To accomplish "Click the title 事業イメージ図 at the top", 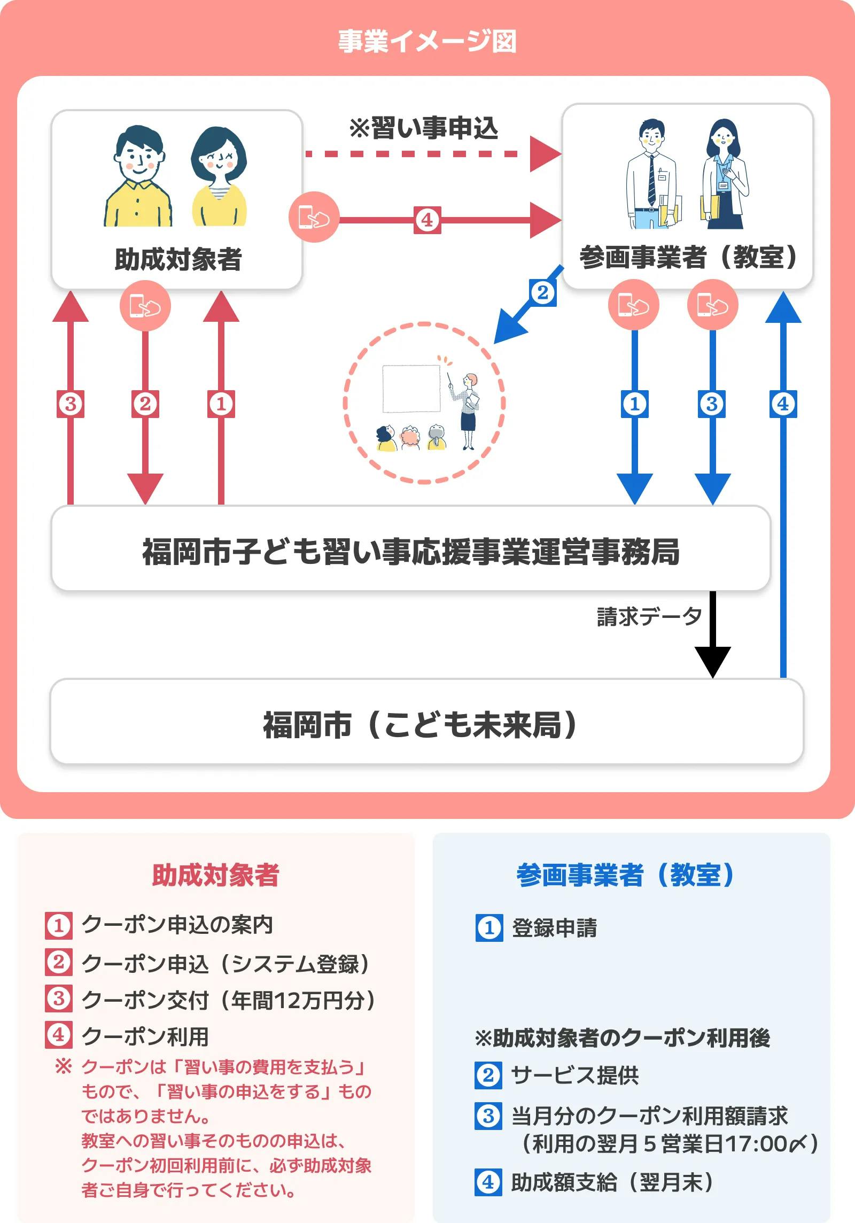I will pos(427,42).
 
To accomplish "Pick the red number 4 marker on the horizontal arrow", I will pos(427,220).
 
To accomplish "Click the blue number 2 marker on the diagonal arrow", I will pos(543,293).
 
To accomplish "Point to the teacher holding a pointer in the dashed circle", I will pos(468,409).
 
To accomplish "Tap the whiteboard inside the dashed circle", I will pos(411,389).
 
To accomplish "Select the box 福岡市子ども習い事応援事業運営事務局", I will pos(410,551).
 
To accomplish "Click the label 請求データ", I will pos(649,616).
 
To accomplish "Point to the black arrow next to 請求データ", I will pos(712,636).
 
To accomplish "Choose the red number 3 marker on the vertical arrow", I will pos(71,404).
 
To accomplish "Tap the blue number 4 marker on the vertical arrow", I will pos(783,404).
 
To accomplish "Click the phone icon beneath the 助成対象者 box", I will pos(145,306).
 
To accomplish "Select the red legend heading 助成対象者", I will pos(216,876).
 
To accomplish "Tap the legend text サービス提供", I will pos(575,1075).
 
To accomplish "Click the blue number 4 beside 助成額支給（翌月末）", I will pos(488,1182).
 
